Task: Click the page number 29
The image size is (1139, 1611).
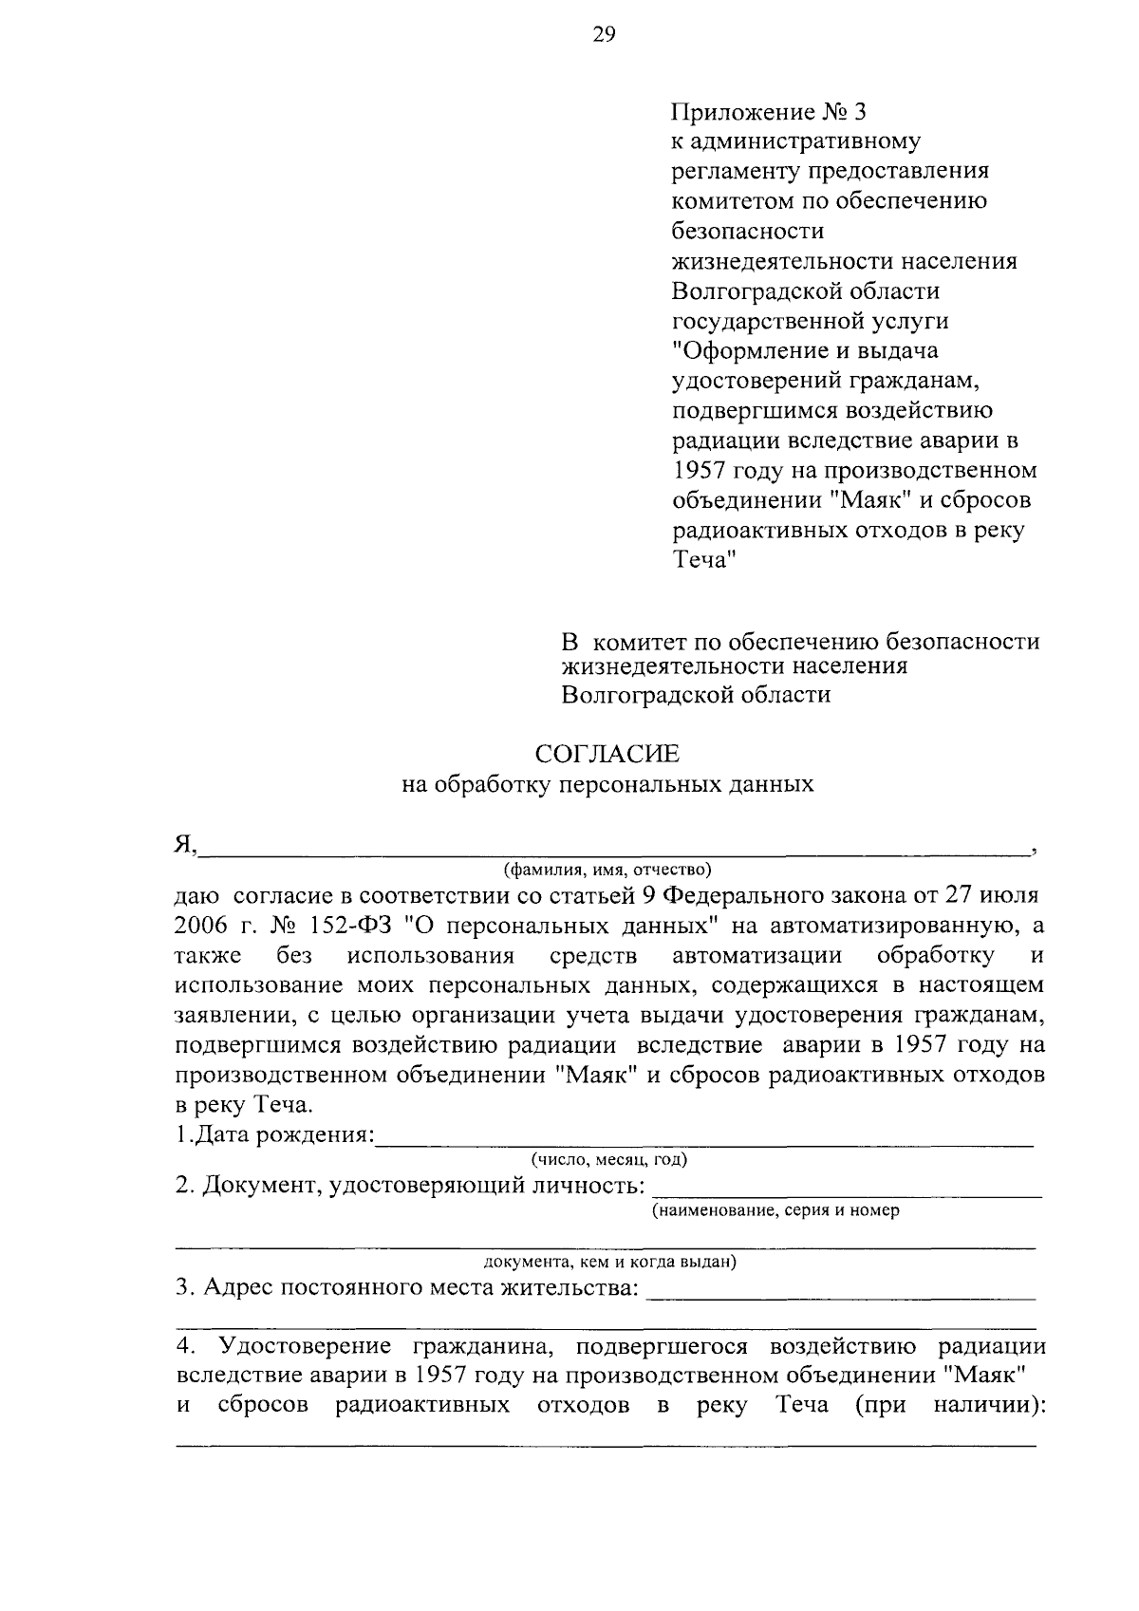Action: coord(605,36)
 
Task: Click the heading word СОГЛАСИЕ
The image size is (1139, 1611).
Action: coord(607,754)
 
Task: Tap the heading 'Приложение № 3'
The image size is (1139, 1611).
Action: coord(769,112)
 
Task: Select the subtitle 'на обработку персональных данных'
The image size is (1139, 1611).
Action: coord(607,784)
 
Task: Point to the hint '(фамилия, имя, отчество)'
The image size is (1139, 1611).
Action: coord(607,869)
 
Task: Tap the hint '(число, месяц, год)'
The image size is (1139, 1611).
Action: coord(608,1159)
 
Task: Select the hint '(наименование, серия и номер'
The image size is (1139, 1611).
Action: coord(775,1210)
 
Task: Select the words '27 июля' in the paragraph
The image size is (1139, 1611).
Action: coord(1000,894)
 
